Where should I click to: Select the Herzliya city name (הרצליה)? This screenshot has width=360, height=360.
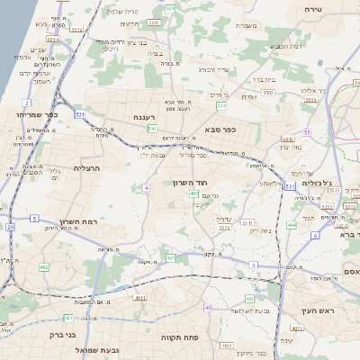tap(89, 168)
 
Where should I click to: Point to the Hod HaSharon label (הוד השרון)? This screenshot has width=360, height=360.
tap(191, 183)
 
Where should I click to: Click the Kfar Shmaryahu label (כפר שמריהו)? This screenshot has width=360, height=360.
tap(24, 115)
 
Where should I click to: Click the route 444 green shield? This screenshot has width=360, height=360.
tap(292, 224)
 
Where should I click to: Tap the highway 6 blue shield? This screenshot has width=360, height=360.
tap(315, 235)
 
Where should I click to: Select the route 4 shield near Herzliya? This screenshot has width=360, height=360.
tap(145, 187)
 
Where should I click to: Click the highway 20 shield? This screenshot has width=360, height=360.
tap(11, 227)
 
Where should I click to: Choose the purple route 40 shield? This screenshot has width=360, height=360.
tap(208, 308)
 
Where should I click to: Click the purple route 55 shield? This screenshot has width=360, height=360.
tap(306, 132)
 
